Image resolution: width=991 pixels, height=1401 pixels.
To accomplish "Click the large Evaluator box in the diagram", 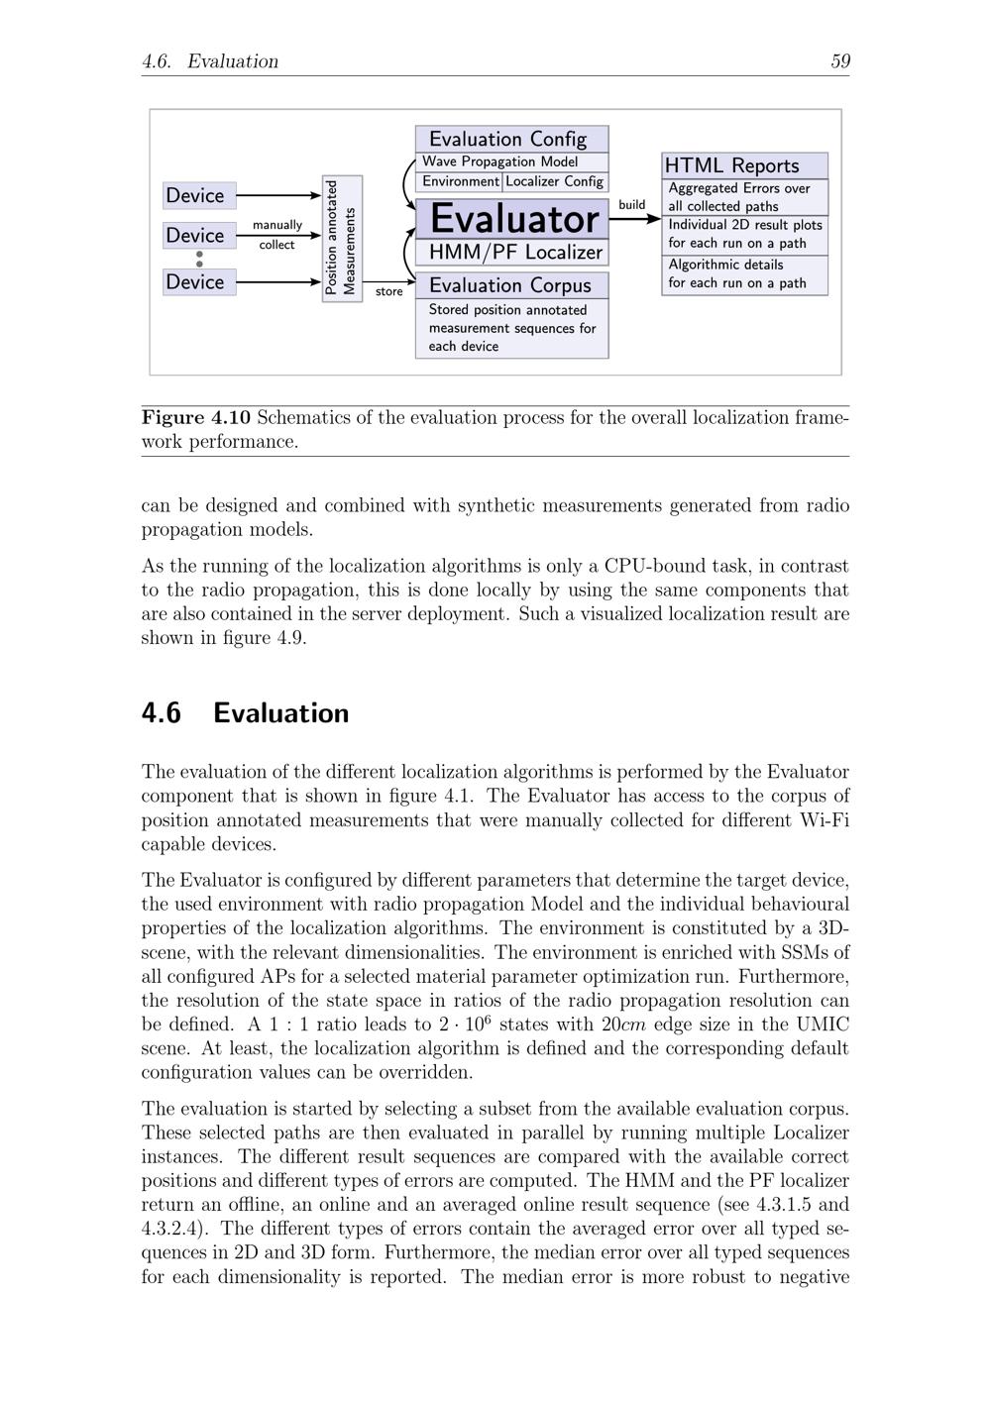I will tap(511, 218).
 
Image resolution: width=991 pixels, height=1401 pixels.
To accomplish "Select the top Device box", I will tap(199, 195).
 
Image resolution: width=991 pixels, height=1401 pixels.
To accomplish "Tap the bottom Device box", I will tap(199, 282).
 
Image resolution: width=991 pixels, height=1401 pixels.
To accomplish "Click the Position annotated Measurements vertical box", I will tap(342, 239).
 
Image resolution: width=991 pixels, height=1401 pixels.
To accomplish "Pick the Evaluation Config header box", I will tap(511, 139).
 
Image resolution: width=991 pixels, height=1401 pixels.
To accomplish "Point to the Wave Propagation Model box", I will tap(511, 162).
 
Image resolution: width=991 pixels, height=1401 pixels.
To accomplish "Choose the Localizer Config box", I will tap(555, 181).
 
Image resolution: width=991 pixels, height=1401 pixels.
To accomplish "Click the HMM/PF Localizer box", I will tap(511, 253).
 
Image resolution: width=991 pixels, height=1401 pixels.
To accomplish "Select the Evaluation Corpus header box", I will tap(511, 285).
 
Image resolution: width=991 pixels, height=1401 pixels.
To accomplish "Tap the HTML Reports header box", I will tap(744, 165).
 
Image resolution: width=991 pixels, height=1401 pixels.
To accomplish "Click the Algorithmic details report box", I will tap(744, 274).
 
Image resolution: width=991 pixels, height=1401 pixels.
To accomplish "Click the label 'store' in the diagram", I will tap(389, 291).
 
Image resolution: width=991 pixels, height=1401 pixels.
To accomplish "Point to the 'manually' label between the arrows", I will tap(277, 225).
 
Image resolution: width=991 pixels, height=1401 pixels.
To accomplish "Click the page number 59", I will tap(840, 61).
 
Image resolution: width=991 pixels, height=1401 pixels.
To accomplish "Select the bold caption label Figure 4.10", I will tap(195, 417).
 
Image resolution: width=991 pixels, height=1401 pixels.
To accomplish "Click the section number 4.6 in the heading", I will tap(162, 713).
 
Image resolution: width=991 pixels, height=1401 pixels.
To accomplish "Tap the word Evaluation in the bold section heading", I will tap(280, 713).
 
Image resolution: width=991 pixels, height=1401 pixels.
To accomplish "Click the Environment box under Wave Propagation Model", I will tap(460, 181).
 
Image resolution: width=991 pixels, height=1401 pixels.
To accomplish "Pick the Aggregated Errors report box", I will tap(744, 197).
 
